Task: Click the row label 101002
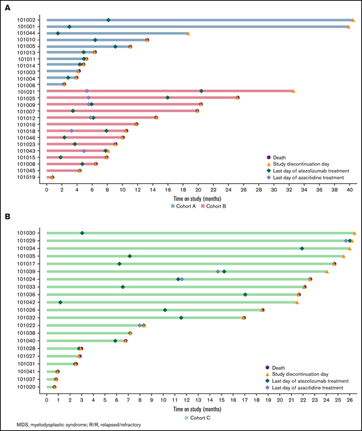(27, 20)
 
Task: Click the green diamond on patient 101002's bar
(108, 20)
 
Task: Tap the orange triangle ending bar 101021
(293, 91)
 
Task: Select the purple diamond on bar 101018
(71, 131)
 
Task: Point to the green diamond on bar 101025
(168, 97)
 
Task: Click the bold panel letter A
(7, 6)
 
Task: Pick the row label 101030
(27, 233)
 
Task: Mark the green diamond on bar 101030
(82, 233)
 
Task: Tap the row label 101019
(27, 178)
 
